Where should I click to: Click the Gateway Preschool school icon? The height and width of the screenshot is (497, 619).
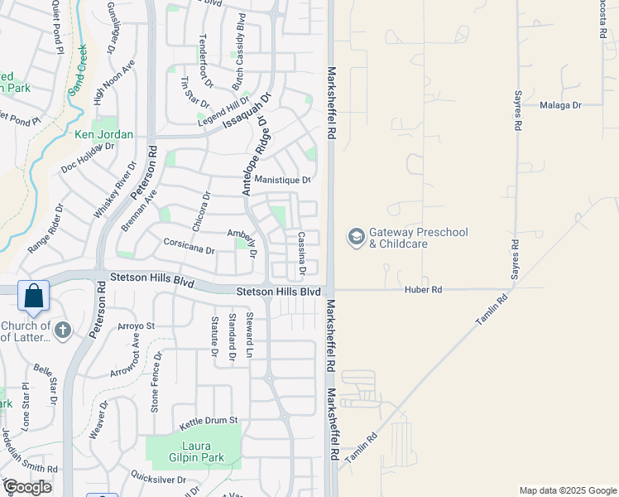tap(356, 238)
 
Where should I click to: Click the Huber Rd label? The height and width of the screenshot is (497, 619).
tap(424, 290)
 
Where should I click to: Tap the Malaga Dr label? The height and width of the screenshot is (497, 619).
tap(561, 105)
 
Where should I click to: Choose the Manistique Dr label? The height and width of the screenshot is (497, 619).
tap(282, 180)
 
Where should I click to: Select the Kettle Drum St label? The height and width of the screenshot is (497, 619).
tap(209, 421)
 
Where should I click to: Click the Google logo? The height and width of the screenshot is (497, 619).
tap(27, 487)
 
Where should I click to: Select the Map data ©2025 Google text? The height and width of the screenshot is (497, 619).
tap(568, 490)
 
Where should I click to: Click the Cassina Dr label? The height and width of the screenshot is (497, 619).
tap(302, 253)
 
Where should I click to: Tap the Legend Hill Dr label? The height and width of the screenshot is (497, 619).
tap(223, 111)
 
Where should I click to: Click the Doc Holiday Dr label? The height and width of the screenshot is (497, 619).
tap(87, 157)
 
